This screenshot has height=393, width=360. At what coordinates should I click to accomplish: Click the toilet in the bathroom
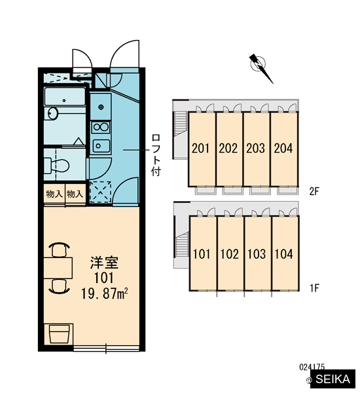57,165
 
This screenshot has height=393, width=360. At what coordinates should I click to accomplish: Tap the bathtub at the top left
65,96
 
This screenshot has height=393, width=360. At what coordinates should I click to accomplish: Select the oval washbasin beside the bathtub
52,113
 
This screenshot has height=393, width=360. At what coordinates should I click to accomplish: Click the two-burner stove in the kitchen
101,127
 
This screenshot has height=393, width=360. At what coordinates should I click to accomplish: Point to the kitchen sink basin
101,146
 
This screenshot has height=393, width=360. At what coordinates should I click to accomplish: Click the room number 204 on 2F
283,148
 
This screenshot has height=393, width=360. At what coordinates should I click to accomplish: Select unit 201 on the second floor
202,149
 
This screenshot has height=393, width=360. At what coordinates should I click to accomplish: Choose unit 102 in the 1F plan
230,253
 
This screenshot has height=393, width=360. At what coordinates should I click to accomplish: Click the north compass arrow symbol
261,67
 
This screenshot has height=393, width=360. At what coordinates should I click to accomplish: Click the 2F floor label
314,191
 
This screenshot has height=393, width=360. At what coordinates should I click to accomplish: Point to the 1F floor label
314,288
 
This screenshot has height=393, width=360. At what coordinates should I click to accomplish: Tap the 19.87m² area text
105,293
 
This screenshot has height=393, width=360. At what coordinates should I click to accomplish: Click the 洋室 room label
104,263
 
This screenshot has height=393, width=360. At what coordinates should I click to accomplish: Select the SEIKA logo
333,379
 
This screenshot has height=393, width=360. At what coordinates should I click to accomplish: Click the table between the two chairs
58,268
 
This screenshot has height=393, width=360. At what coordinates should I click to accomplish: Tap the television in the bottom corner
59,334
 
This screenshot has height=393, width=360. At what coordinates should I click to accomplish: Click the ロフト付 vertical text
156,155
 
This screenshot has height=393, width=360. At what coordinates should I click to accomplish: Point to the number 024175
312,367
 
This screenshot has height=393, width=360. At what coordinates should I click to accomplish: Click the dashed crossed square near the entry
100,192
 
